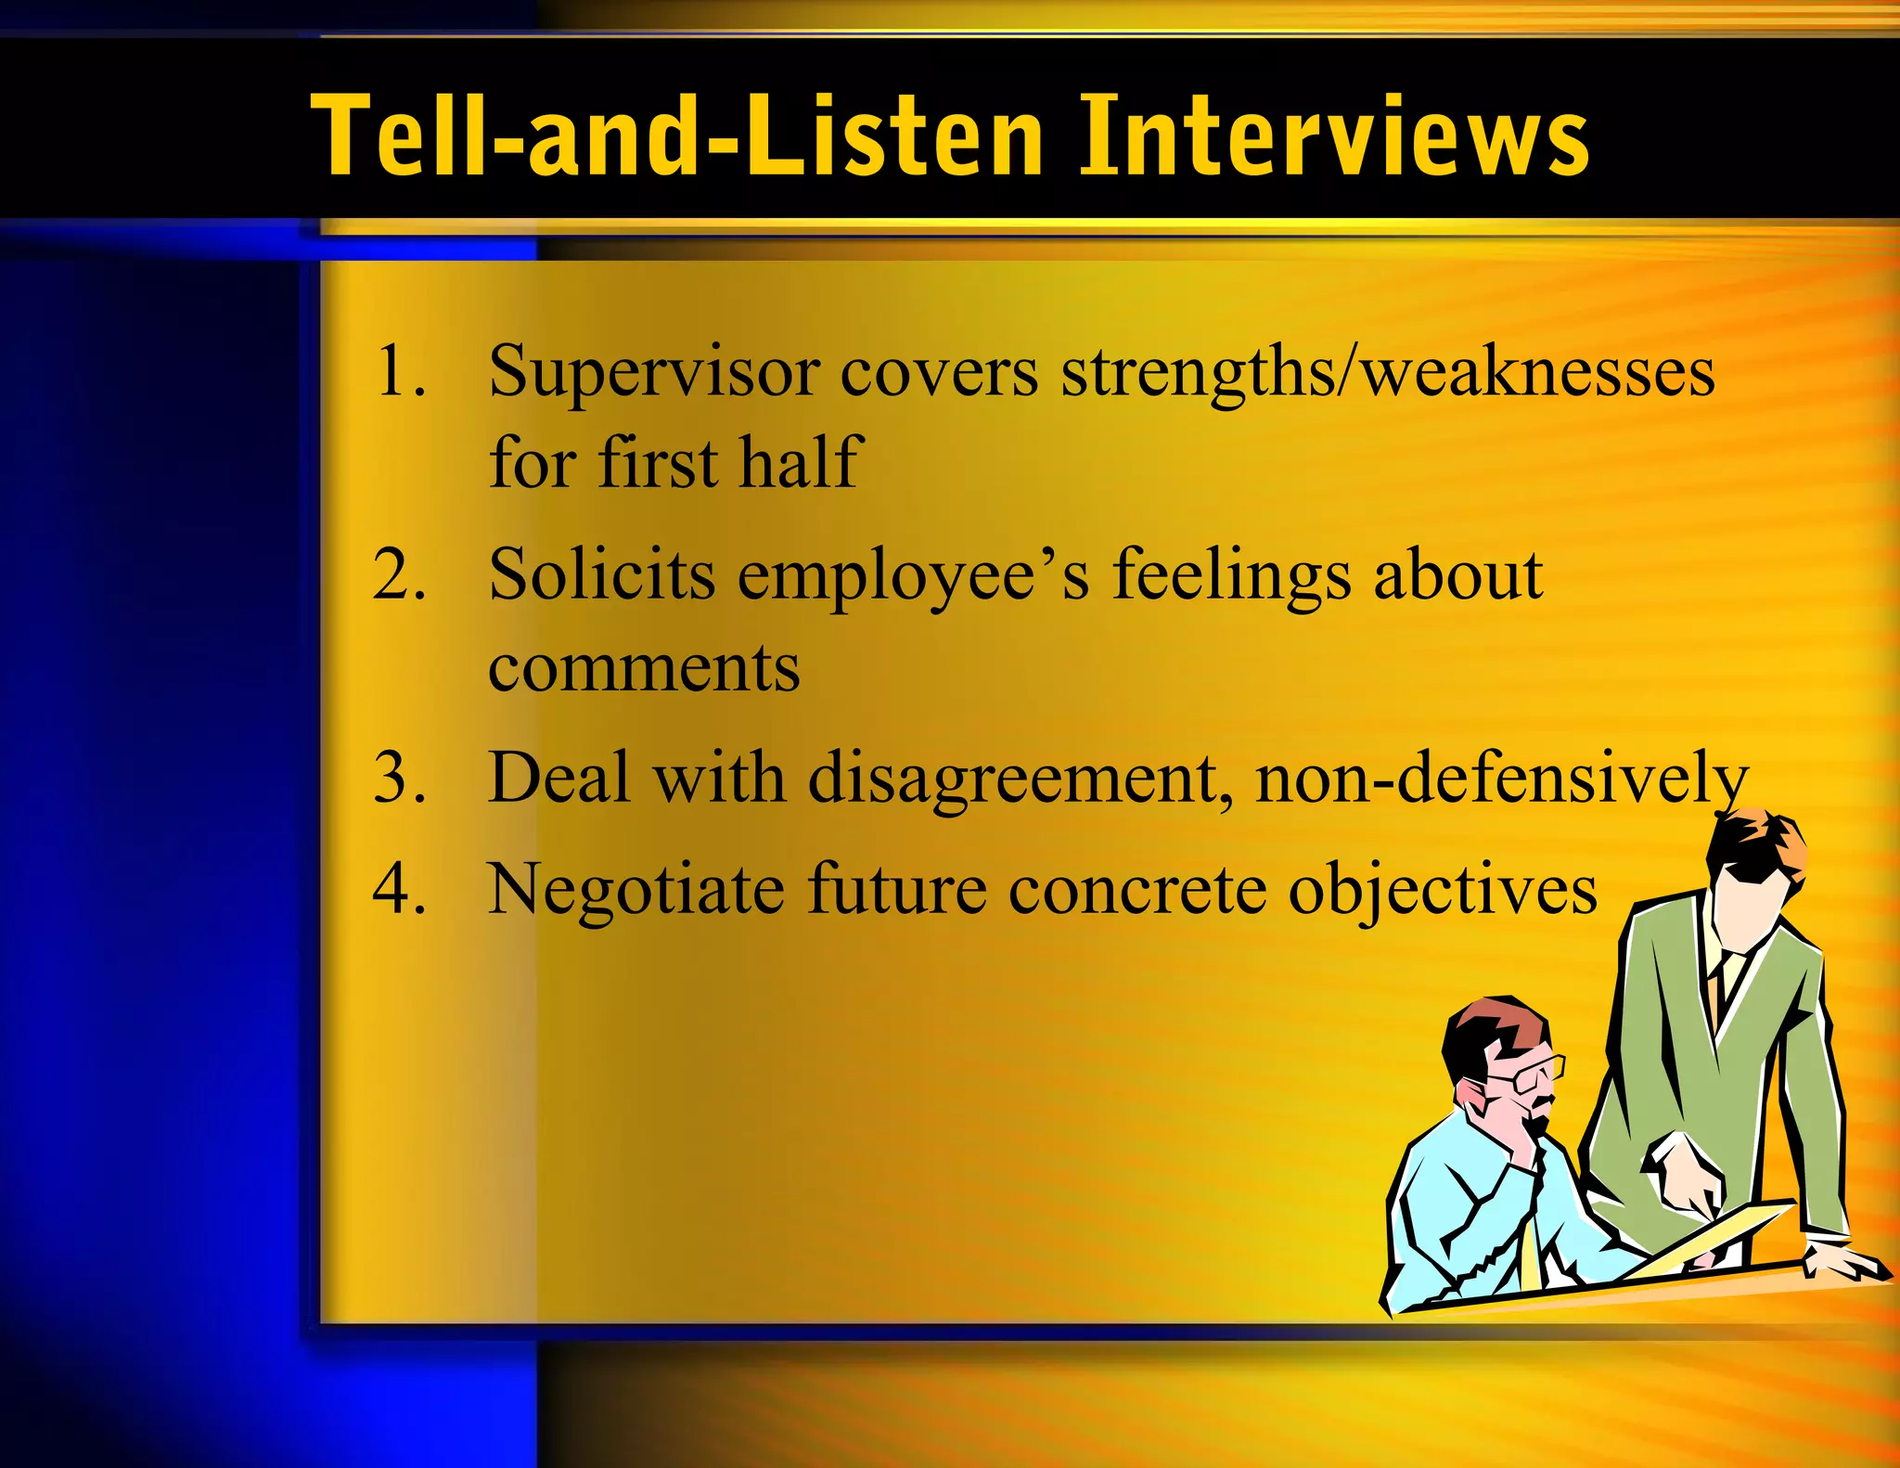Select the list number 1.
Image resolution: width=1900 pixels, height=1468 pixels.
click(x=401, y=371)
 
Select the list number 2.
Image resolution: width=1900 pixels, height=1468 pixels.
click(x=401, y=575)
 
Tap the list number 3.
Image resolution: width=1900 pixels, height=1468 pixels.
click(x=401, y=778)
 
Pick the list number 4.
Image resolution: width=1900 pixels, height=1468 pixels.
click(x=401, y=889)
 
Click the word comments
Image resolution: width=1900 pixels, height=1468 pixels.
click(x=643, y=668)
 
